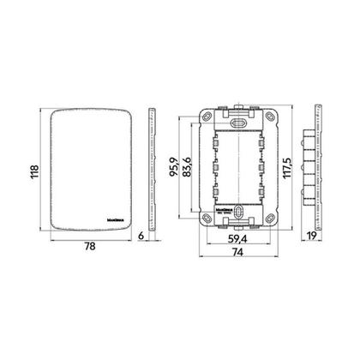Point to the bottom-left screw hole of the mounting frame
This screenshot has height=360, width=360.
point(207,219)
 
